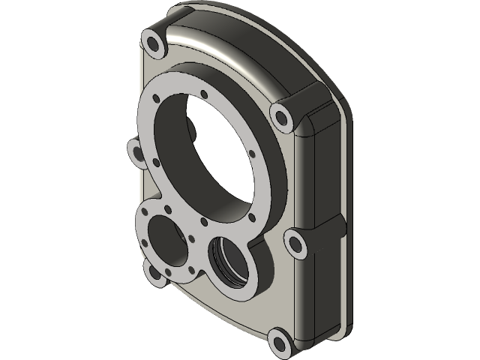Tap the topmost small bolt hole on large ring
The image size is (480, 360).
[x=204, y=94]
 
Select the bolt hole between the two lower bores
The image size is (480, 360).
[x=193, y=240]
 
